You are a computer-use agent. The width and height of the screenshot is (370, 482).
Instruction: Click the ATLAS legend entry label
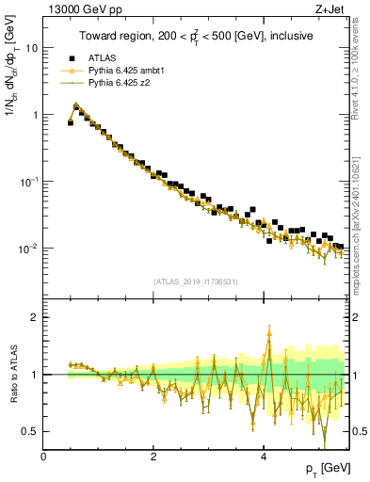pyautogui.click(x=101, y=57)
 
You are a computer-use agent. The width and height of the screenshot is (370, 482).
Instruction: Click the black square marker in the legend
pyautogui.click(x=72, y=57)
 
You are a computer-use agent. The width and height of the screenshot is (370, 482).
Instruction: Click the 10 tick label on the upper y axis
pyautogui.click(x=31, y=47)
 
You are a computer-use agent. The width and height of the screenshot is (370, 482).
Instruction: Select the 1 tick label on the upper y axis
pyautogui.click(x=34, y=115)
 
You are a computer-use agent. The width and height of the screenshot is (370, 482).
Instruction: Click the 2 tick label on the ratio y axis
pyautogui.click(x=34, y=317)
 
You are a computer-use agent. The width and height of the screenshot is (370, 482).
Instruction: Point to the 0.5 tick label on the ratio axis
pyautogui.click(x=29, y=431)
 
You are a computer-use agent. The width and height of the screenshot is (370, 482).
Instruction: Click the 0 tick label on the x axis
pyautogui.click(x=43, y=457)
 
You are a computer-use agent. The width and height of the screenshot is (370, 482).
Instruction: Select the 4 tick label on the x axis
pyautogui.click(x=264, y=457)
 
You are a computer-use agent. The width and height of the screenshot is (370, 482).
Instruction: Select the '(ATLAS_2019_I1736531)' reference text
pyautogui.click(x=194, y=281)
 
